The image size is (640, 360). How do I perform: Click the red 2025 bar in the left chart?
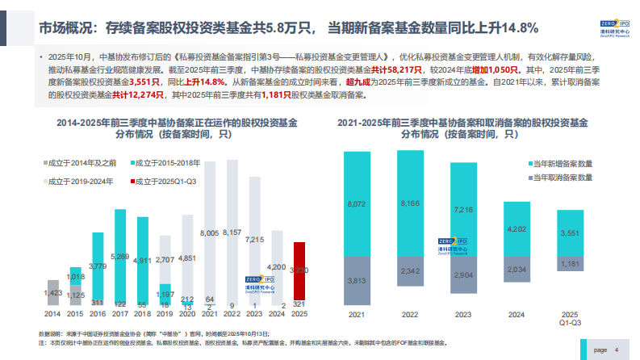coord(299,270)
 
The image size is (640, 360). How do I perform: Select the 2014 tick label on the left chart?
coord(52,313)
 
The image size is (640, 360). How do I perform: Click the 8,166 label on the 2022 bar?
coord(409,204)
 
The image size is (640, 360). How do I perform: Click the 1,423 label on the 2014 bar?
coord(52,292)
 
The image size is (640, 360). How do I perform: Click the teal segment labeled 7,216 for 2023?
coord(462,210)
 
